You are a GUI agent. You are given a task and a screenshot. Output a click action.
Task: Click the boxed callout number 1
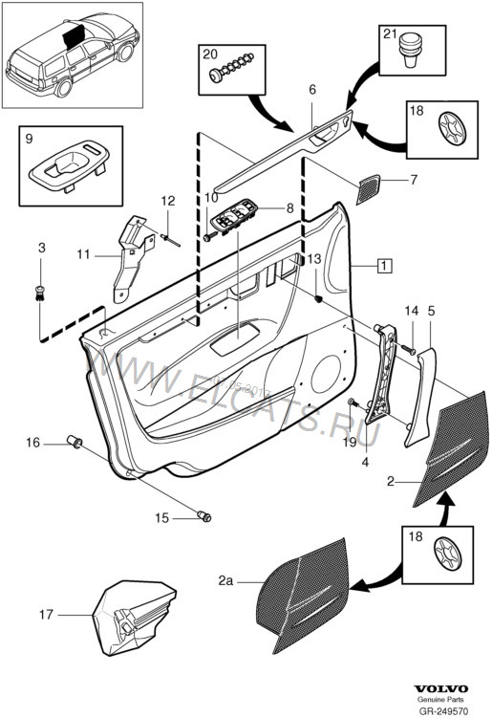[x=383, y=266]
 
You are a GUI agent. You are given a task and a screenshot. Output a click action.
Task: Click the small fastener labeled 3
[x=41, y=291]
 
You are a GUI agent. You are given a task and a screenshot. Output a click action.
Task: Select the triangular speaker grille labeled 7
[x=367, y=188]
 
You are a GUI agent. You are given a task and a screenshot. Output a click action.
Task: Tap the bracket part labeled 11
[x=128, y=257]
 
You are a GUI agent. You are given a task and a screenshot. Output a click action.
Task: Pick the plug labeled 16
[x=75, y=442]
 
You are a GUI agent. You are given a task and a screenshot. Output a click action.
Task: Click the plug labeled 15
[x=203, y=516]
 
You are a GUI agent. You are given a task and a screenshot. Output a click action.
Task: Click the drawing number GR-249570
[x=445, y=710]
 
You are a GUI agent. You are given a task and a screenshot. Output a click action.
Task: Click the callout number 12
[x=168, y=201]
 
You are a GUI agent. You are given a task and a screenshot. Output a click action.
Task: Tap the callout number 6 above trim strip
[x=311, y=89]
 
